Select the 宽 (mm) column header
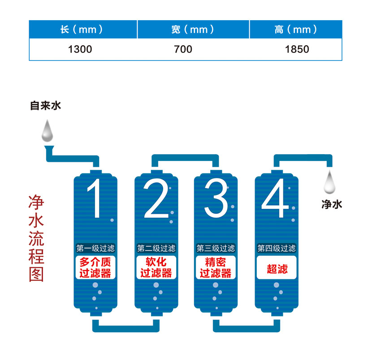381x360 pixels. pyautogui.click(x=193, y=30)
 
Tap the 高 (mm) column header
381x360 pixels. pyautogui.click(x=296, y=30)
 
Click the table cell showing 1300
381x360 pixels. pyautogui.click(x=80, y=49)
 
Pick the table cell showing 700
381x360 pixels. pyautogui.click(x=183, y=49)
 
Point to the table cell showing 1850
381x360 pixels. pyautogui.click(x=297, y=49)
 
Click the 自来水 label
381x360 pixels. pyautogui.click(x=45, y=106)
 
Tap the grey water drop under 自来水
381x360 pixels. pyautogui.click(x=47, y=131)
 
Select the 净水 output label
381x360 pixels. pyautogui.click(x=332, y=204)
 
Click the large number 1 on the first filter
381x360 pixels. pyautogui.click(x=94, y=198)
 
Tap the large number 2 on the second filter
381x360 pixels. pyautogui.click(x=156, y=198)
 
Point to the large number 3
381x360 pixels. pyautogui.click(x=216, y=198)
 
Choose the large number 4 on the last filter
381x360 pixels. pyautogui.click(x=275, y=198)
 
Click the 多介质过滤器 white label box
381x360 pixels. pyautogui.click(x=95, y=267)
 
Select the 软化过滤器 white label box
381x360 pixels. pyautogui.click(x=156, y=267)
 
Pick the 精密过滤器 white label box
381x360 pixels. pyautogui.click(x=216, y=267)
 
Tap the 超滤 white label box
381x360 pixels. pyautogui.click(x=277, y=267)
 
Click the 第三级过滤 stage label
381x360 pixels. pyautogui.click(x=216, y=248)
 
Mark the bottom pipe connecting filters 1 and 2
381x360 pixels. pyautogui.click(x=126, y=329)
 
